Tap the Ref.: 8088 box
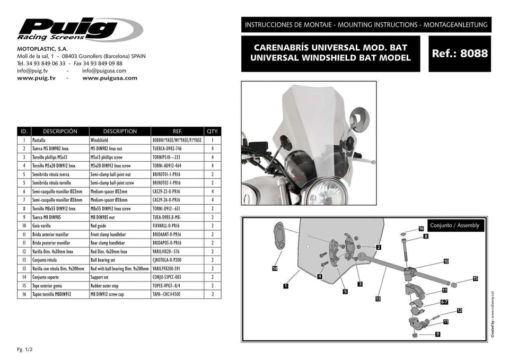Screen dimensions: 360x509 click(460, 54)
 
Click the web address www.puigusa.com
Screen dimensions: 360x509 click(110, 78)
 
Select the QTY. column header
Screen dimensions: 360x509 click(212, 131)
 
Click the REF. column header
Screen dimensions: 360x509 click(177, 131)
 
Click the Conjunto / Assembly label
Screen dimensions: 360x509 click(454, 225)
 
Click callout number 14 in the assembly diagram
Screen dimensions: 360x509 click(275, 269)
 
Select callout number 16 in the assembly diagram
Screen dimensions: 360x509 click(421, 229)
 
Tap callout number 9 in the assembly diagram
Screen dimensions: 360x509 click(437, 334)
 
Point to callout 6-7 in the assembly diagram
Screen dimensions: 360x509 click(445, 302)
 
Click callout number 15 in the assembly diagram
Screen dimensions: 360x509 click(475, 278)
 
